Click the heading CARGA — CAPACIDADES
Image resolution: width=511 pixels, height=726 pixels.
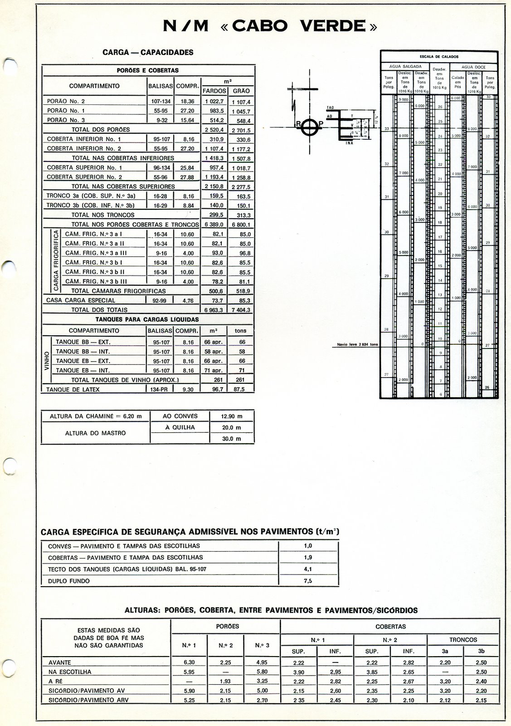click(x=148, y=52)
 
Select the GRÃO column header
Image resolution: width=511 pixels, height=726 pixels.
click(x=241, y=91)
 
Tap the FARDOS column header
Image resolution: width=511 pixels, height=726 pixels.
click(x=214, y=91)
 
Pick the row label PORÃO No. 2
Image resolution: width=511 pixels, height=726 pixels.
click(x=66, y=101)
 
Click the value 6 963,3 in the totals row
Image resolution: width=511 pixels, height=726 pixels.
click(x=214, y=310)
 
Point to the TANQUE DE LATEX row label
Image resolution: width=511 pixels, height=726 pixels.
click(x=73, y=389)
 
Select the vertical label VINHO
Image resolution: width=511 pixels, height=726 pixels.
click(x=47, y=361)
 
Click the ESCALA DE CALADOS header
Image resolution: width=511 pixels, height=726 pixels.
click(x=439, y=57)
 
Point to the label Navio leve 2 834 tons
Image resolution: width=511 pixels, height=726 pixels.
click(x=357, y=344)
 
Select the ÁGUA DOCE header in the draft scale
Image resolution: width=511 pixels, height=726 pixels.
click(x=473, y=67)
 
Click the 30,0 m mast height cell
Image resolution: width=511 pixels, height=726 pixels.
click(x=231, y=439)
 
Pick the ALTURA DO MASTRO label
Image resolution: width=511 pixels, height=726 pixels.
click(x=95, y=433)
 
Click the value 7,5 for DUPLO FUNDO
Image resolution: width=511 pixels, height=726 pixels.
click(x=308, y=581)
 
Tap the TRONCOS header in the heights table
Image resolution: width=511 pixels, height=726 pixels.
click(x=463, y=639)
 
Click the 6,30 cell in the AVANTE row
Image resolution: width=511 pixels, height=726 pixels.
click(x=189, y=662)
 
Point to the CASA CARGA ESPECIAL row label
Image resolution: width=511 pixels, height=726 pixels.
click(x=81, y=300)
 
